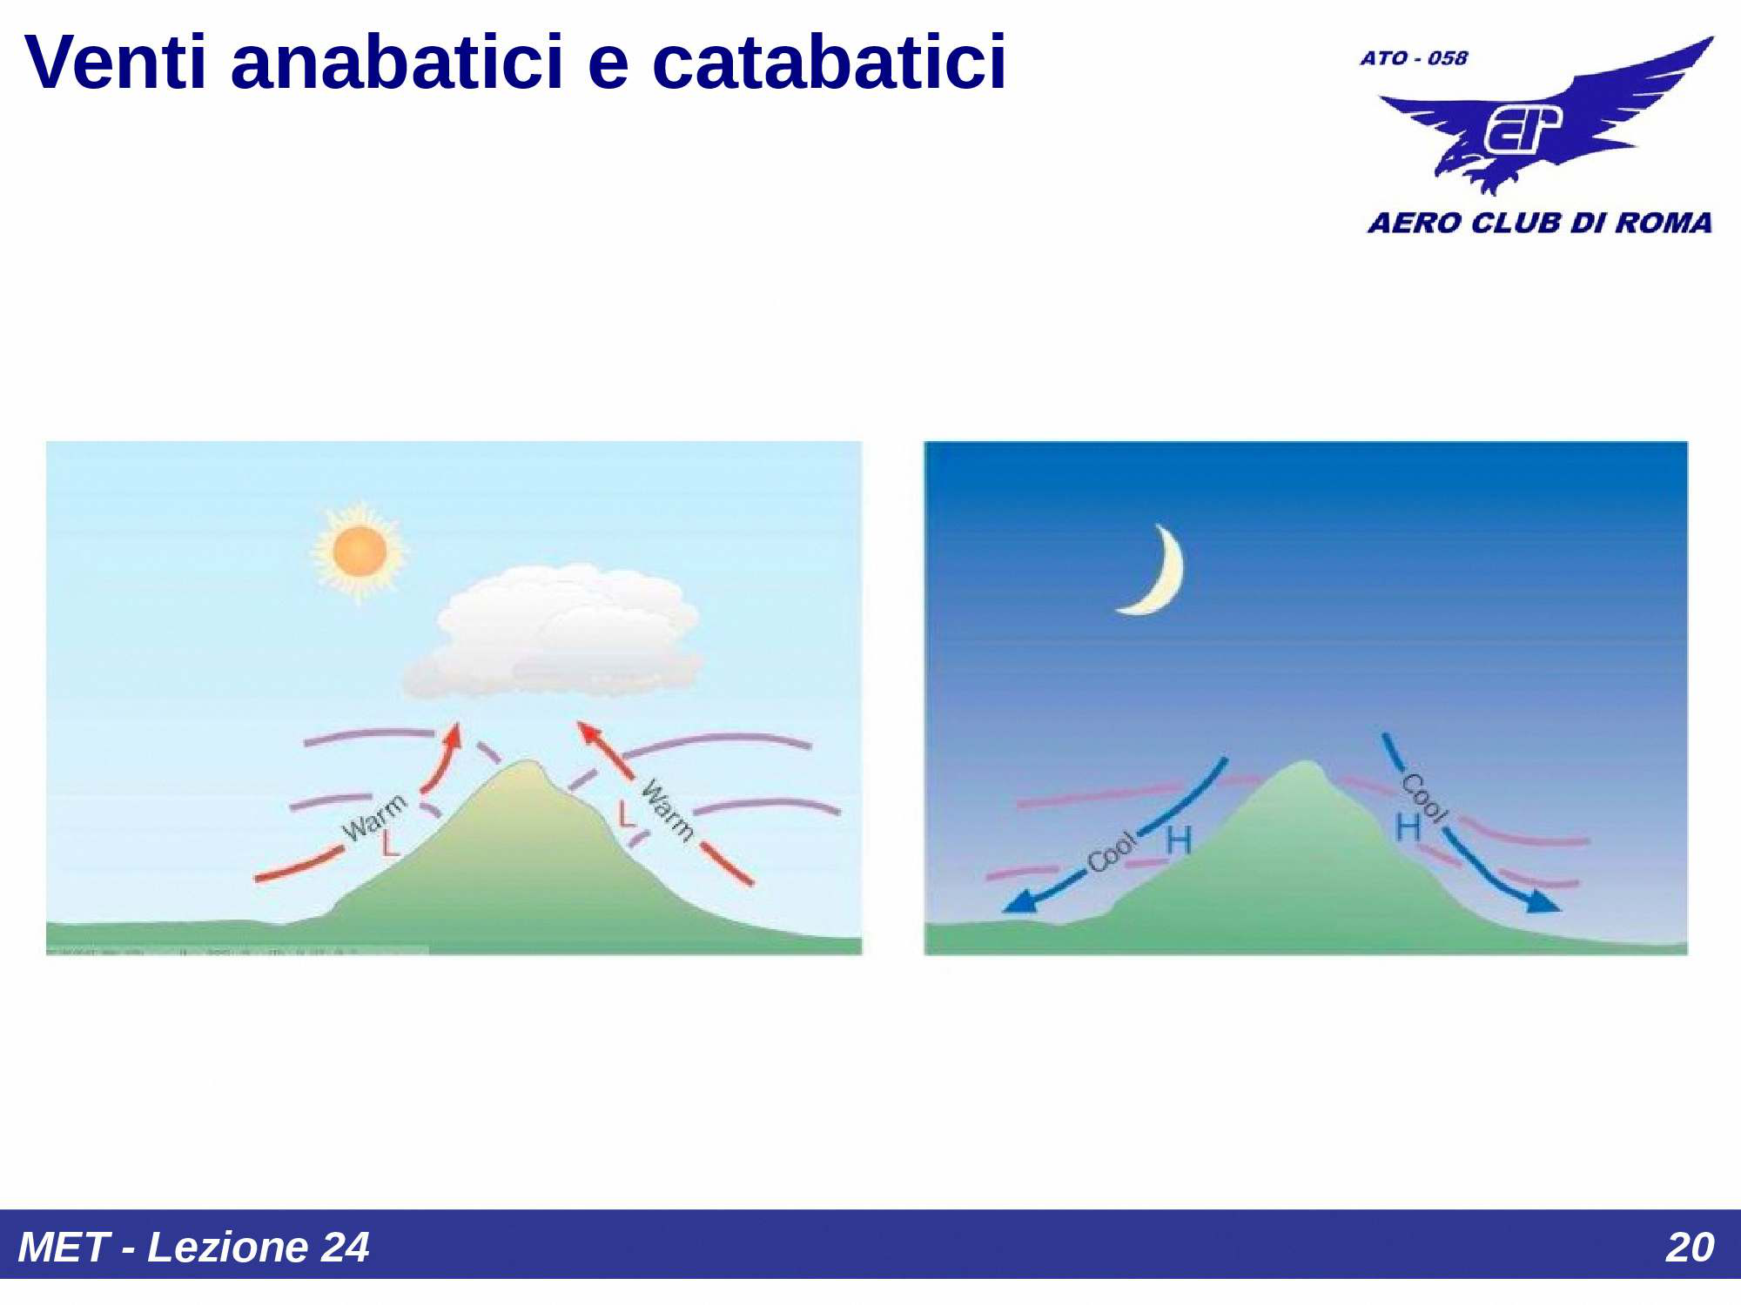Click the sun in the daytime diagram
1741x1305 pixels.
(360, 551)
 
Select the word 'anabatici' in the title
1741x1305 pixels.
(397, 63)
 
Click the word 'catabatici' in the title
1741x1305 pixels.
(829, 63)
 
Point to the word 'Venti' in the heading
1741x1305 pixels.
(115, 63)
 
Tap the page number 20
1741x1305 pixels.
(1689, 1247)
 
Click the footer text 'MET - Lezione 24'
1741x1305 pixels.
(193, 1247)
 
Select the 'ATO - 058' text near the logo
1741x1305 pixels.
(1414, 58)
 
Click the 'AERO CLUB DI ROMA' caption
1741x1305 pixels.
(1539, 223)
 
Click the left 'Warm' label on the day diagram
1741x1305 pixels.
(374, 818)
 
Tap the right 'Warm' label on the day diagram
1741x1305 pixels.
(668, 810)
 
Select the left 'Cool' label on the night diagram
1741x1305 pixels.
(1112, 851)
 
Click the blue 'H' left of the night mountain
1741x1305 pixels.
(1178, 840)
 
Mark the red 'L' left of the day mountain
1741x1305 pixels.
(389, 844)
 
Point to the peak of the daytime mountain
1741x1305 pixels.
(527, 766)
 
